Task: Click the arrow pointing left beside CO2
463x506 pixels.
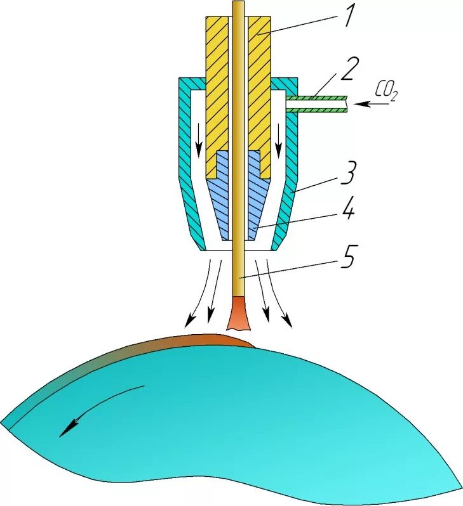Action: (x=374, y=103)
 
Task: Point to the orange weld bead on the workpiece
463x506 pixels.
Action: (x=210, y=341)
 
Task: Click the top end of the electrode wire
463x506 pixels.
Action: (x=239, y=5)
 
